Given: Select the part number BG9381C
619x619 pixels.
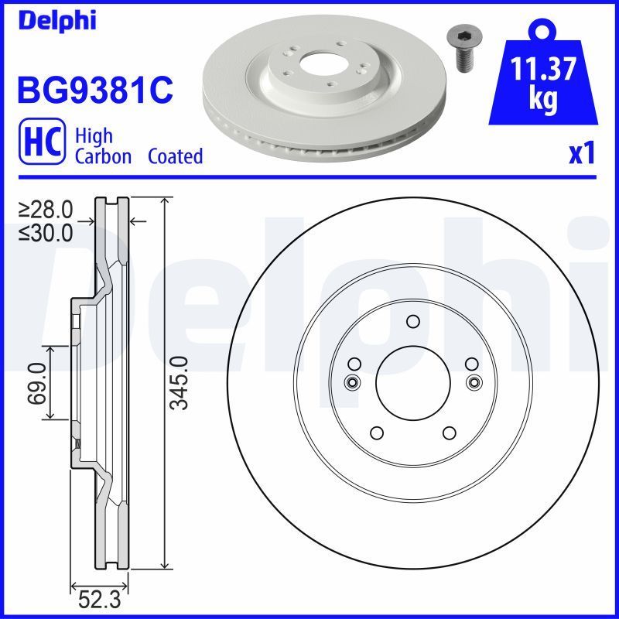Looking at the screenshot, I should click(x=94, y=91).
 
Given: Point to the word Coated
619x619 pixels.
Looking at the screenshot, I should click(x=175, y=156).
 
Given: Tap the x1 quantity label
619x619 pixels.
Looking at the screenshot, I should click(x=581, y=155).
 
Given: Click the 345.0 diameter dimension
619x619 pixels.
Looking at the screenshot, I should click(x=180, y=383).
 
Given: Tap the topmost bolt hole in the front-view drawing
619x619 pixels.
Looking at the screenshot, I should click(x=412, y=322).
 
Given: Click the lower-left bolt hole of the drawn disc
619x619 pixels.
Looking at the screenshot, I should click(x=377, y=433).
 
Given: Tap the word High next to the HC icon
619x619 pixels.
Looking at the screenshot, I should click(x=94, y=136).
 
